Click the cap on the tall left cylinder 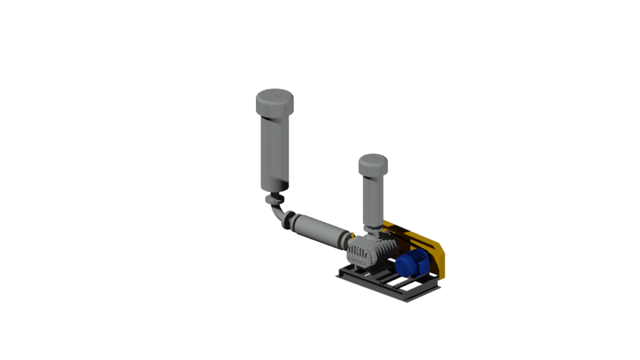pos(275,104)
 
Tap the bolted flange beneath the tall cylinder pos(274,199)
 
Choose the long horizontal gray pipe pos(317,230)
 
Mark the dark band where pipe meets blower pos(345,239)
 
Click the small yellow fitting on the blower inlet pos(353,235)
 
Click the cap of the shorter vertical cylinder pos(373,164)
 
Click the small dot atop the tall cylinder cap pos(275,97)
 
